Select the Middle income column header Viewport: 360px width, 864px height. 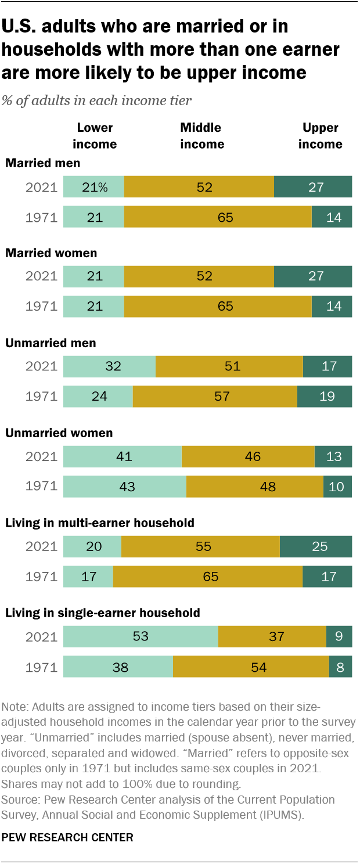pyautogui.click(x=201, y=136)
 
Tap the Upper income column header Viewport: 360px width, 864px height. pyautogui.click(x=320, y=136)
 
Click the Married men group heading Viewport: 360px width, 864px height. pyautogui.click(x=42, y=163)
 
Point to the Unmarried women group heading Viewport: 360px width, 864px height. pyautogui.click(x=59, y=433)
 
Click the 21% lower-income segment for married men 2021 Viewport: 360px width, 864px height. pyautogui.click(x=93, y=187)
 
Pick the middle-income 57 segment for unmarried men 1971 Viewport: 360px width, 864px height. pyautogui.click(x=215, y=397)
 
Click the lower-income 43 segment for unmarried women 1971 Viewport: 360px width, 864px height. pyautogui.click(x=124, y=487)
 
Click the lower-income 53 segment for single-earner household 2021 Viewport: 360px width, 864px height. pyautogui.click(x=141, y=636)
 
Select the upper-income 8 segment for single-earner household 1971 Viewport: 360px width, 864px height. pyautogui.click(x=340, y=667)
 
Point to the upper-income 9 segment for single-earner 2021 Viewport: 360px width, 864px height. pyautogui.click(x=339, y=636)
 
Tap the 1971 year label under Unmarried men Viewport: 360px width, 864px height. pyautogui.click(x=41, y=397)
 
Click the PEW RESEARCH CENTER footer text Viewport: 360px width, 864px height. pyautogui.click(x=67, y=837)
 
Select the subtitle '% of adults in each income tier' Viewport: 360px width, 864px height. pyautogui.click(x=97, y=100)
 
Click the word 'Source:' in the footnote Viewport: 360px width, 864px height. pyautogui.click(x=19, y=800)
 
